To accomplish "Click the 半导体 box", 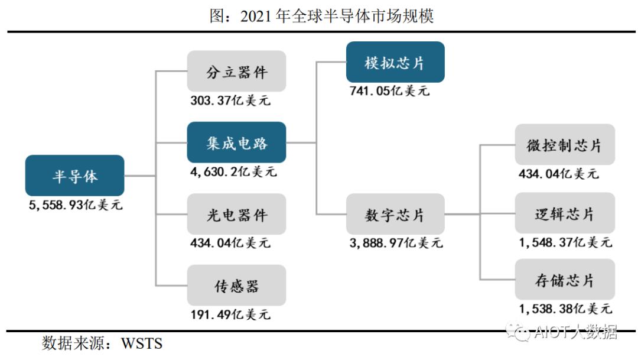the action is pyautogui.click(x=74, y=176).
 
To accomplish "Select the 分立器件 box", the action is pyautogui.click(x=236, y=72).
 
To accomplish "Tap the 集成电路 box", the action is pyautogui.click(x=236, y=142).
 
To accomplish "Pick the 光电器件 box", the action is pyautogui.click(x=236, y=214).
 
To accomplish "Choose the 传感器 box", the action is pyautogui.click(x=236, y=286).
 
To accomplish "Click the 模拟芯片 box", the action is pyautogui.click(x=395, y=62).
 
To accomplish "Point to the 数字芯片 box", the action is pyautogui.click(x=395, y=214).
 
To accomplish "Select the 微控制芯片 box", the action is pyautogui.click(x=564, y=144).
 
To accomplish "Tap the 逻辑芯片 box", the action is pyautogui.click(x=564, y=213).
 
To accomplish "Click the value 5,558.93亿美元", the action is pyautogui.click(x=76, y=206).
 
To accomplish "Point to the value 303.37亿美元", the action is pyautogui.click(x=230, y=100).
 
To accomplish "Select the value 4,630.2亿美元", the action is pyautogui.click(x=233, y=172).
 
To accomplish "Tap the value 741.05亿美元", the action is pyautogui.click(x=389, y=91).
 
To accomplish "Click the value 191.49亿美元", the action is pyautogui.click(x=230, y=314).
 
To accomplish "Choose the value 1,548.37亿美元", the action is pyautogui.click(x=565, y=242).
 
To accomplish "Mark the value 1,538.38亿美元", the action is pyautogui.click(x=565, y=309).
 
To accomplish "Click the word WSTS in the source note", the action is pyautogui.click(x=142, y=343).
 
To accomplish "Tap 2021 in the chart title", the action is pyautogui.click(x=256, y=16).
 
